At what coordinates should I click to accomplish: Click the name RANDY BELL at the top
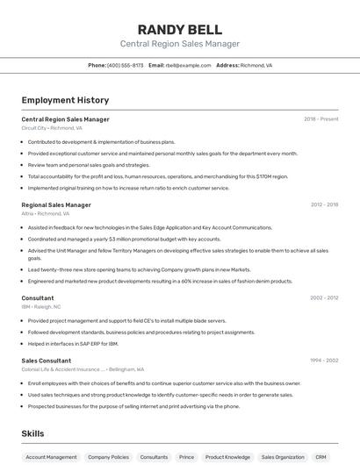tap(179, 29)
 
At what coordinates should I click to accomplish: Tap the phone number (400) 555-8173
tap(125, 65)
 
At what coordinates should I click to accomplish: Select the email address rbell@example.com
tap(188, 65)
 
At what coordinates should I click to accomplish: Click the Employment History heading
tap(65, 100)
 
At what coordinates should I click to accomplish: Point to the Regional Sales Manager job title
tap(56, 204)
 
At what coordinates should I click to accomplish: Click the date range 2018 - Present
tap(320, 118)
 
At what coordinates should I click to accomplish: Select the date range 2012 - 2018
tap(324, 204)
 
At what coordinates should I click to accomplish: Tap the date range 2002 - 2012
tap(324, 297)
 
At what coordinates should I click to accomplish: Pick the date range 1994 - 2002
tap(324, 360)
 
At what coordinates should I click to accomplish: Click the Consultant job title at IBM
tap(38, 297)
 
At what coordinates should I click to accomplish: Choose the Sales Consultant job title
tap(47, 360)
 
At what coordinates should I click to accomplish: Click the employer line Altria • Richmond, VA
tap(46, 213)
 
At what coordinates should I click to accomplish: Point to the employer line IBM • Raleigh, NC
tap(41, 306)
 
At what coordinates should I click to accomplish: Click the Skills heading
tap(32, 433)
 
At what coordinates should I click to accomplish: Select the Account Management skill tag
tap(51, 457)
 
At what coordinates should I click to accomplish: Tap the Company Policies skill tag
tap(108, 457)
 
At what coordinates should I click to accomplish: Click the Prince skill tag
tap(186, 457)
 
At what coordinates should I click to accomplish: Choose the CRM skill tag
tap(320, 457)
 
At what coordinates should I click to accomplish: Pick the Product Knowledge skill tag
tap(227, 457)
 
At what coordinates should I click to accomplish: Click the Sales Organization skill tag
tap(283, 457)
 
